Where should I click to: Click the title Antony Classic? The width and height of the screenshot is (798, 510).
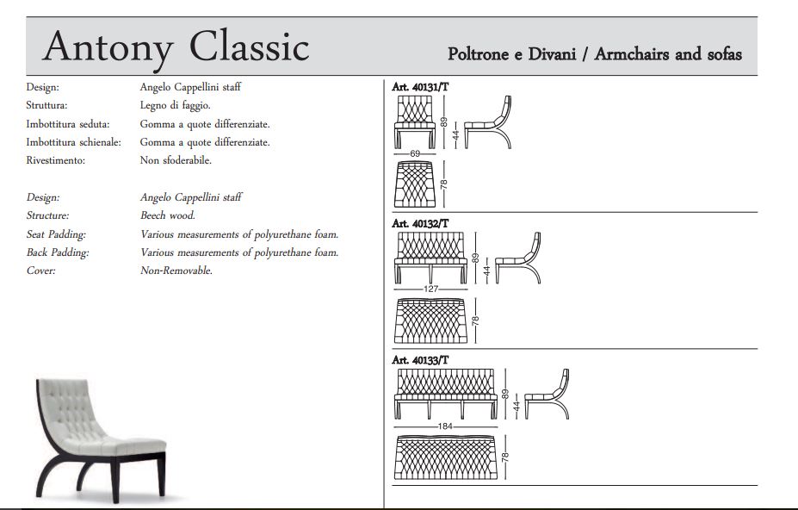pyautogui.click(x=176, y=47)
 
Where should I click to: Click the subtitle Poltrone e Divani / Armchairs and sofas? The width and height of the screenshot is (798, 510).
pyautogui.click(x=595, y=54)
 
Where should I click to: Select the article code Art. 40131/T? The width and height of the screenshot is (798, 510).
pyautogui.click(x=420, y=87)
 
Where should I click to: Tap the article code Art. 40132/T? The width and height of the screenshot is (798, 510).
pyautogui.click(x=420, y=223)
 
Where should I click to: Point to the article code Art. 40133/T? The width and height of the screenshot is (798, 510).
pyautogui.click(x=420, y=360)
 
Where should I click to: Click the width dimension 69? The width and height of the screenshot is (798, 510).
pyautogui.click(x=415, y=153)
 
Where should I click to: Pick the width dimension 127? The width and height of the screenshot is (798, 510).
pyautogui.click(x=430, y=289)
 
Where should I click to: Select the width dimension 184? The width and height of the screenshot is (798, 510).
pyautogui.click(x=445, y=426)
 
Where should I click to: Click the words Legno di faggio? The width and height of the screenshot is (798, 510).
pyautogui.click(x=175, y=105)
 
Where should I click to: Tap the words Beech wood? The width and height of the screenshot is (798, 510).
pyautogui.click(x=168, y=215)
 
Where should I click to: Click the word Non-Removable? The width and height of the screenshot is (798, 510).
pyautogui.click(x=176, y=270)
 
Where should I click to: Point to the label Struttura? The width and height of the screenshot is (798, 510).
pyautogui.click(x=46, y=105)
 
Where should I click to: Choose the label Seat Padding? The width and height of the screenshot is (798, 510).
pyautogui.click(x=56, y=234)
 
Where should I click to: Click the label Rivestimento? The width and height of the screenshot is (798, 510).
pyautogui.click(x=55, y=160)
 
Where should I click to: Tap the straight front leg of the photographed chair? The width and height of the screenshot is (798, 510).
pyautogui.click(x=118, y=476)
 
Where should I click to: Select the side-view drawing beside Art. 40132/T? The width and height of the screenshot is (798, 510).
pyautogui.click(x=517, y=258)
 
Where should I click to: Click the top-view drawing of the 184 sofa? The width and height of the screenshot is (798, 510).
pyautogui.click(x=445, y=457)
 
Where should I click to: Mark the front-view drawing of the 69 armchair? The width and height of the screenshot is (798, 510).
pyautogui.click(x=415, y=121)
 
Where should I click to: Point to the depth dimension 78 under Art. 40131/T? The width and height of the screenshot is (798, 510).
pyautogui.click(x=444, y=183)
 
